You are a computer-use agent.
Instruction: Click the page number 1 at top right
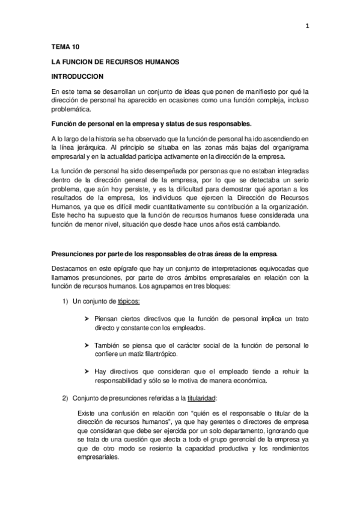(x=307, y=26)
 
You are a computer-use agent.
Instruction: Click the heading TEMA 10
(x=64, y=46)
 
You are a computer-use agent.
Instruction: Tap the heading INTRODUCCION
(x=78, y=76)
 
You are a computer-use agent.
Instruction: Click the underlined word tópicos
(x=129, y=301)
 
